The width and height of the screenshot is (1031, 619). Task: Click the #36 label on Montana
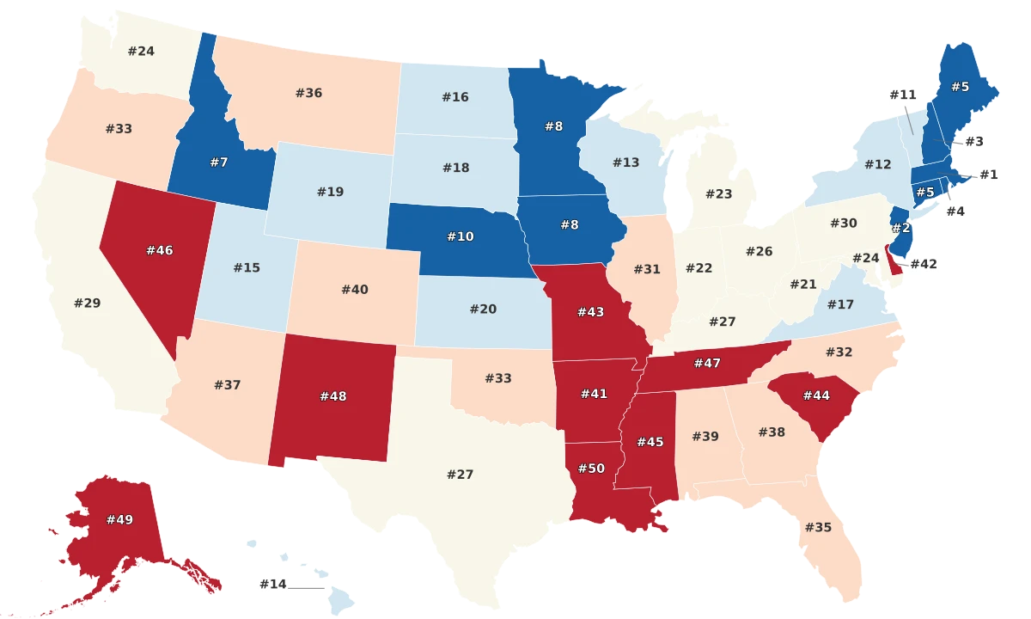(x=308, y=93)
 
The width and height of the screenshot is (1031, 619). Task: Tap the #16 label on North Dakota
(x=455, y=97)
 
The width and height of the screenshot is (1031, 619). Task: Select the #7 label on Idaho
(x=218, y=162)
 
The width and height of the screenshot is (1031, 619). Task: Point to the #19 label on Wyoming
(x=330, y=192)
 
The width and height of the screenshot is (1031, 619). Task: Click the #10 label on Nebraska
(x=460, y=236)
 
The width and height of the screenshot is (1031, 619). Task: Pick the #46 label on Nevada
(x=160, y=250)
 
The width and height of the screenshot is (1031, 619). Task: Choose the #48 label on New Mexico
(x=333, y=396)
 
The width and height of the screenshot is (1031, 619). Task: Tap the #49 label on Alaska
(x=119, y=519)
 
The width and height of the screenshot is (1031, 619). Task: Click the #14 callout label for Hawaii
(x=272, y=585)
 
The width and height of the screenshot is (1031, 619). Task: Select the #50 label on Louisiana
(x=592, y=469)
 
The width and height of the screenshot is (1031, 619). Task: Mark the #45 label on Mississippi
(x=650, y=442)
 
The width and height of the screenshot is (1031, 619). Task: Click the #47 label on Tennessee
(x=706, y=364)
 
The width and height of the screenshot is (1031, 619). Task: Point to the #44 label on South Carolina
(x=816, y=395)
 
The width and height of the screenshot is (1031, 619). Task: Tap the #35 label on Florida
(x=817, y=527)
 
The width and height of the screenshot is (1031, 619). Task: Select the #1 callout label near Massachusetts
(x=988, y=175)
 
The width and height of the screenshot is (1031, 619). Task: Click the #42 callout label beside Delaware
(x=923, y=264)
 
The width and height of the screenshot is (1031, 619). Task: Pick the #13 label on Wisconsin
(x=625, y=162)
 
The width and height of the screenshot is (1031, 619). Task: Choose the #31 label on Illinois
(x=647, y=269)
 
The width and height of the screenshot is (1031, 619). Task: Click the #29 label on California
(x=87, y=303)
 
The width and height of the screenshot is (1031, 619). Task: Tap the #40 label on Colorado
(x=354, y=290)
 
